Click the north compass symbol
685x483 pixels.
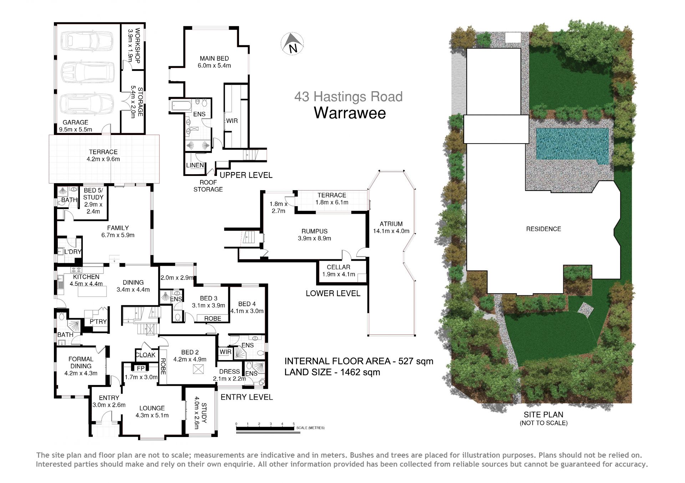[x=292, y=43]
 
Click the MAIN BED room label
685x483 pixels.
[x=214, y=58]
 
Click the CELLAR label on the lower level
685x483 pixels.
[x=338, y=267]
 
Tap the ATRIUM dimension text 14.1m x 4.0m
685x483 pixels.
[x=391, y=231]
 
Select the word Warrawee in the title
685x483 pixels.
[x=350, y=113]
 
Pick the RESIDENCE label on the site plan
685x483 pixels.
[x=543, y=229]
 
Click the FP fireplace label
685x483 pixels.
[x=141, y=368]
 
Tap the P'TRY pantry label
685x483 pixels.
[x=98, y=322]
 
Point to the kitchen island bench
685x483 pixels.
[x=92, y=291]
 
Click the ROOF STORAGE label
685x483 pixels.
[x=208, y=186]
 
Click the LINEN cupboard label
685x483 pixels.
[x=195, y=165]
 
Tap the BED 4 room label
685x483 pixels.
[x=247, y=304]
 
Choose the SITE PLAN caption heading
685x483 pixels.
[x=543, y=415]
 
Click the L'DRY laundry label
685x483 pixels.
[x=73, y=252]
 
